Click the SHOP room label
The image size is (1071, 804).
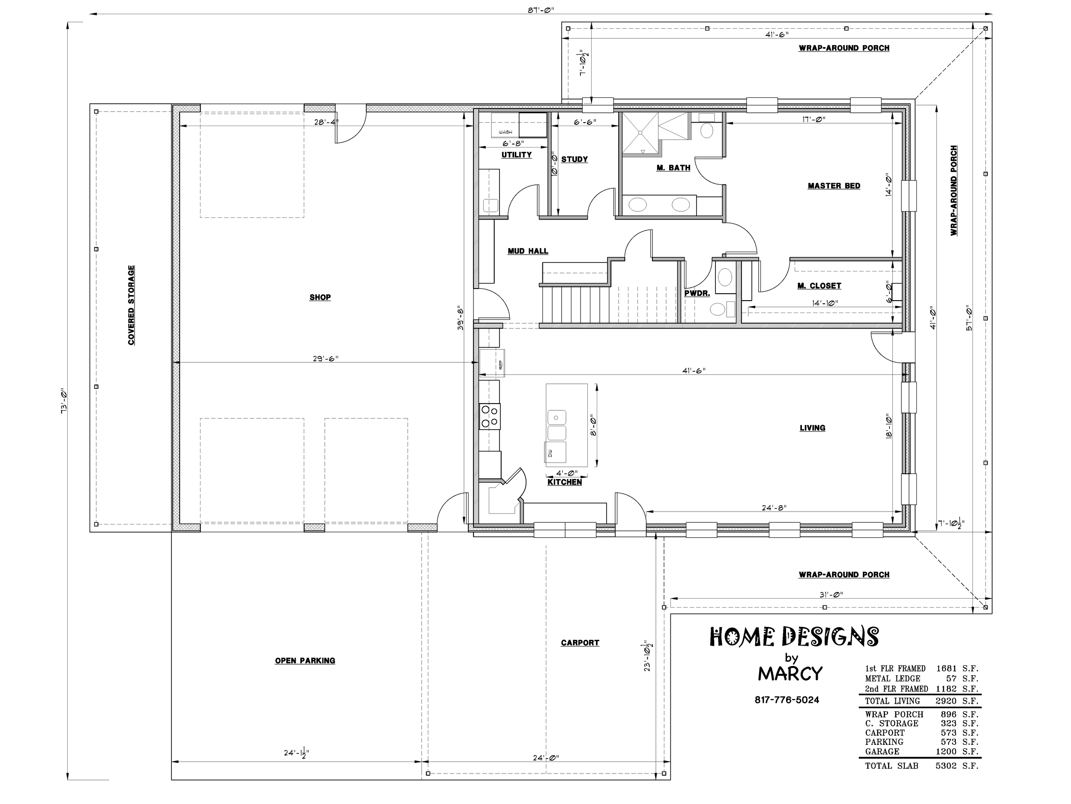[x=320, y=297]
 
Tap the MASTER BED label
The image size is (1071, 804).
[x=834, y=186]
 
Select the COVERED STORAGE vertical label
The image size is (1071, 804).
[x=131, y=305]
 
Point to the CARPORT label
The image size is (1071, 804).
[x=580, y=643]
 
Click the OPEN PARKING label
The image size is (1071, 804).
[x=305, y=660]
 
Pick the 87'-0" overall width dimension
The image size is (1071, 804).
[x=541, y=10]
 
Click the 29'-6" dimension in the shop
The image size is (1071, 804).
[x=325, y=358]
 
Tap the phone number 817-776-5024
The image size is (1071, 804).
[x=787, y=700]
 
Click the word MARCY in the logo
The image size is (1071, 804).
[x=790, y=673]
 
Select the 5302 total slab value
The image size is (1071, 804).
[x=945, y=766]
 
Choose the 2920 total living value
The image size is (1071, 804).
[x=945, y=701]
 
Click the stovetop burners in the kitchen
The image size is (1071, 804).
[x=490, y=416]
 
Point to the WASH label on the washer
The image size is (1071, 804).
[x=505, y=132]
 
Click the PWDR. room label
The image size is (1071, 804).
[x=697, y=293]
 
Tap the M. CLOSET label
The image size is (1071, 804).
[x=819, y=286]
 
